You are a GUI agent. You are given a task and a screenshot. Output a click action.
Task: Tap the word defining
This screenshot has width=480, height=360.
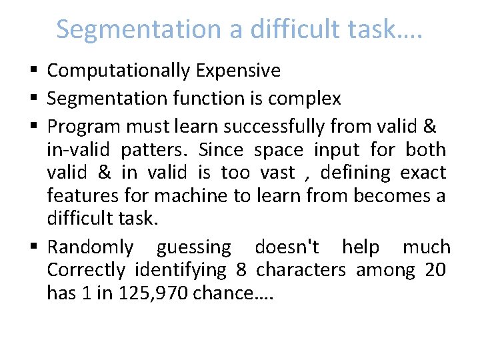(x=355, y=172)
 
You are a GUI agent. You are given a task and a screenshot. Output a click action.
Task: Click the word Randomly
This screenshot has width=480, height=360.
(x=90, y=247)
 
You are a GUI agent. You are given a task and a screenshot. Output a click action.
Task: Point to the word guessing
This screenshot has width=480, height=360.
(x=193, y=247)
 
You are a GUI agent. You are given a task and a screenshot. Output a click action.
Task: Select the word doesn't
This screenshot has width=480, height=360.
(x=287, y=247)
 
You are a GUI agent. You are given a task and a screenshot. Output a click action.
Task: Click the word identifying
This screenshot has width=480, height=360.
(x=181, y=270)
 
